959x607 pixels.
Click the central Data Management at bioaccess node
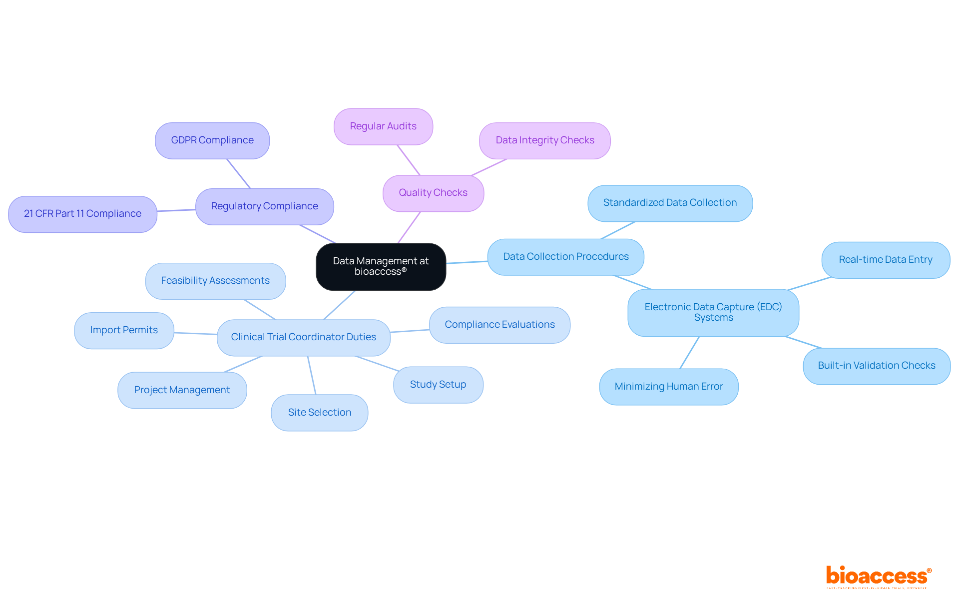[x=381, y=266]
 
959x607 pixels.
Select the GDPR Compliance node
[x=212, y=140]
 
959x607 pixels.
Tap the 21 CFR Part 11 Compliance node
[x=82, y=214]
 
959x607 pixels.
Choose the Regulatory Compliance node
[x=264, y=206]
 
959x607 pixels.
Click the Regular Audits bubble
[x=383, y=126]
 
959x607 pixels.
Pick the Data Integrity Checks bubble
[x=544, y=140]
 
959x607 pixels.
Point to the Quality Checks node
[x=433, y=193]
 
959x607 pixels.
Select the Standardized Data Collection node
[x=670, y=203]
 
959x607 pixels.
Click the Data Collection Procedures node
[x=565, y=257]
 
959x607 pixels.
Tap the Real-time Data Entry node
[x=885, y=260]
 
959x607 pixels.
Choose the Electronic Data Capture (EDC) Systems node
[x=713, y=312]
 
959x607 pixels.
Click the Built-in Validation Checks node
[x=876, y=366]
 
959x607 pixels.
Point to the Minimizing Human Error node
[x=668, y=387]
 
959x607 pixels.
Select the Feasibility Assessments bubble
[x=215, y=281]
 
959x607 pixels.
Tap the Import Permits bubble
[x=124, y=330]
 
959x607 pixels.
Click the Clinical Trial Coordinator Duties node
[x=303, y=337]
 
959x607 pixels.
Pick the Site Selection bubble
[x=319, y=413]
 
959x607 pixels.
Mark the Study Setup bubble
[x=438, y=385]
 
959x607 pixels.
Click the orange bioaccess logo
[x=878, y=576]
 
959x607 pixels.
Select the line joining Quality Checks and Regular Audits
[x=409, y=160]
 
